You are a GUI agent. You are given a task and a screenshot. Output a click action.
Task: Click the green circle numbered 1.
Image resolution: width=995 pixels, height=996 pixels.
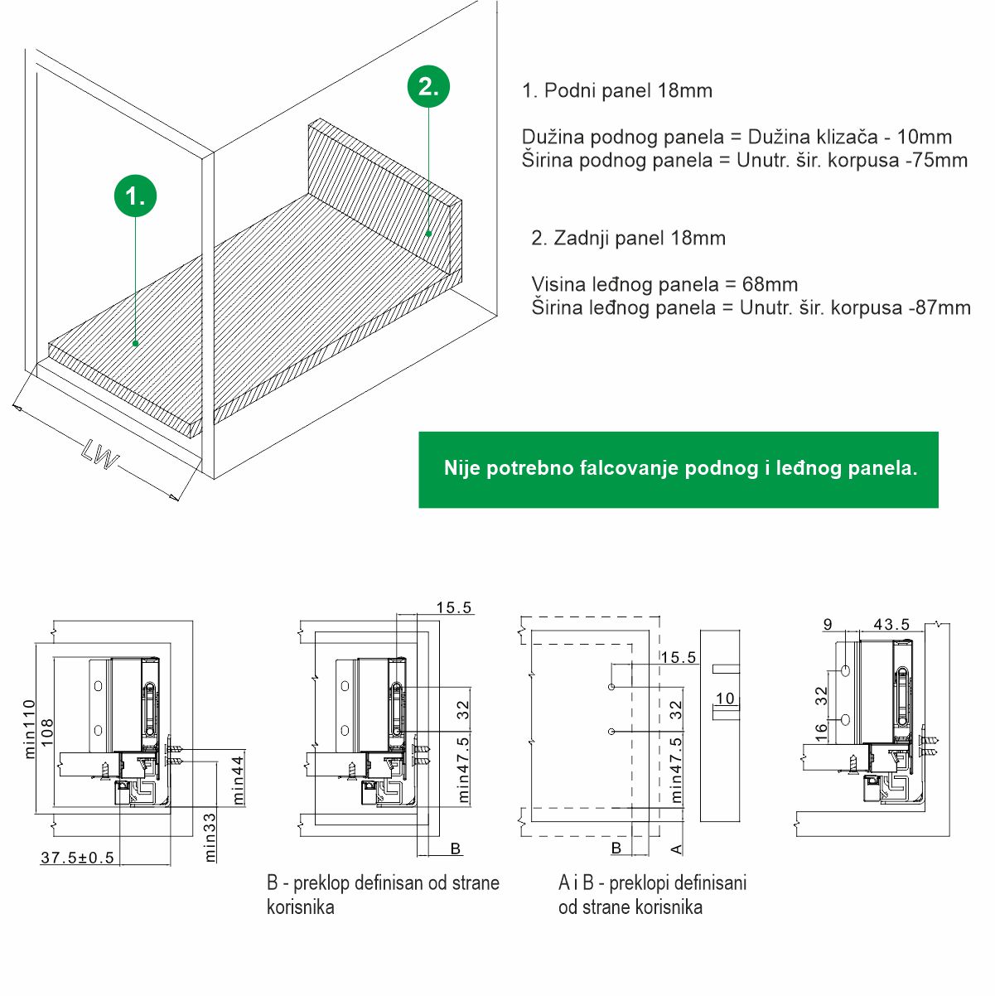tap(135, 196)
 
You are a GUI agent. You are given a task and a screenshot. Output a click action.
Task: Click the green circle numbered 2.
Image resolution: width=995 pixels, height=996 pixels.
tap(428, 86)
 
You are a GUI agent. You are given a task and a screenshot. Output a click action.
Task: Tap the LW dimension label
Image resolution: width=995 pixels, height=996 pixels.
tap(100, 455)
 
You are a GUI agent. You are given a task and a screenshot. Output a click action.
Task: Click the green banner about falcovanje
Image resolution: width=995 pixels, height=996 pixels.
tap(679, 469)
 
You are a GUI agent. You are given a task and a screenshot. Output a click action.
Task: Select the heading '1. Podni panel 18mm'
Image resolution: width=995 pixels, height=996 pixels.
tap(617, 90)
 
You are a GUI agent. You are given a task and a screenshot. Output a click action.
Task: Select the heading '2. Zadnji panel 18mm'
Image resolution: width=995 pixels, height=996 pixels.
tap(628, 238)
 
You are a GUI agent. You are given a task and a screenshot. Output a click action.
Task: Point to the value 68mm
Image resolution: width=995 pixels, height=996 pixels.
tap(770, 284)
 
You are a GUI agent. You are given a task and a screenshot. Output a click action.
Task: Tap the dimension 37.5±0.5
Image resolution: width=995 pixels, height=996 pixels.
tap(78, 858)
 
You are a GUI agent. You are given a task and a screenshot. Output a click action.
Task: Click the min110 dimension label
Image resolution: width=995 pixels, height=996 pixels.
tap(31, 729)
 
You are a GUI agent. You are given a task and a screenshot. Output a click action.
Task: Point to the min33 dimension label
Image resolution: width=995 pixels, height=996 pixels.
tap(210, 837)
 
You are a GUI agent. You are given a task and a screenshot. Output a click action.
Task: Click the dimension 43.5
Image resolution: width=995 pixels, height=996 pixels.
tap(891, 625)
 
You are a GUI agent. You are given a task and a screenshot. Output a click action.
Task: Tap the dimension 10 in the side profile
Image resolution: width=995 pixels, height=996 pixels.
tap(726, 698)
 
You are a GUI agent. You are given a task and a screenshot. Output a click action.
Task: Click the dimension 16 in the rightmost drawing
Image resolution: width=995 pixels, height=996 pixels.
tap(821, 731)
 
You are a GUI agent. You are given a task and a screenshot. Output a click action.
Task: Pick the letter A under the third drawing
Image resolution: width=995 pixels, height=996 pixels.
tap(675, 849)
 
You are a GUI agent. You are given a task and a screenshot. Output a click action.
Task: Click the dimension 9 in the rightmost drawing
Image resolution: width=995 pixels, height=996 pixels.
tap(828, 625)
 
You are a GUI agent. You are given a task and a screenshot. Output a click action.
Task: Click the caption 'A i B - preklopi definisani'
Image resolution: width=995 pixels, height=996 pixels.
tap(653, 882)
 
